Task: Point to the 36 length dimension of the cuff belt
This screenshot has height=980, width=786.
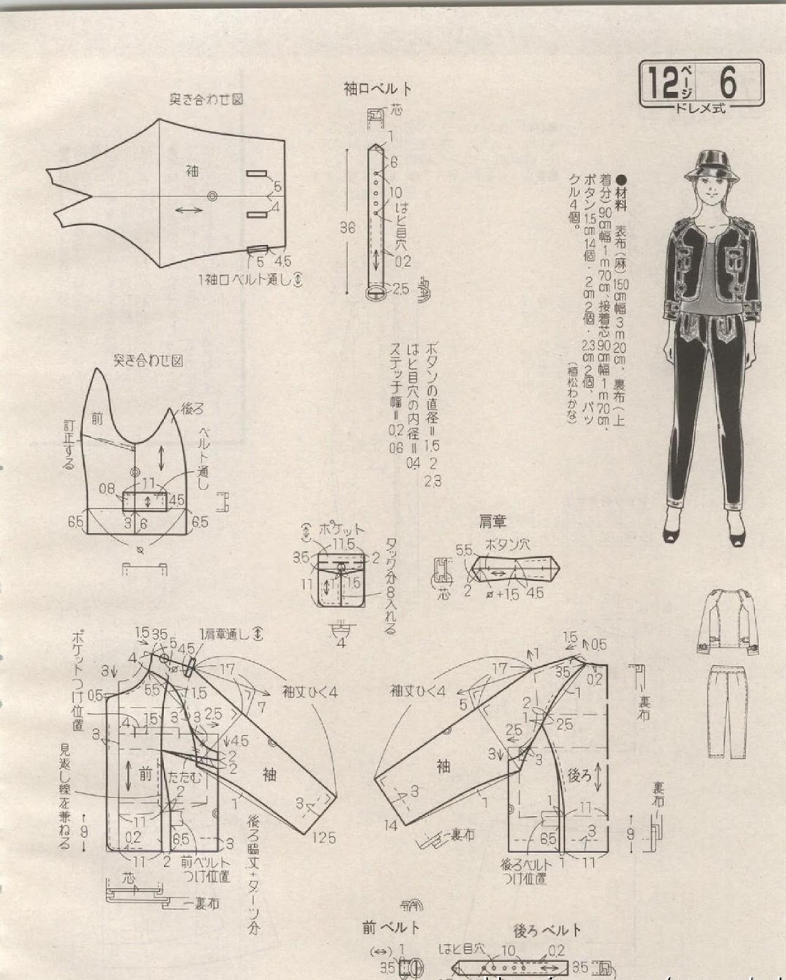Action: point(348,228)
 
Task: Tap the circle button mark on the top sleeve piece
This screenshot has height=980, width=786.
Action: point(213,195)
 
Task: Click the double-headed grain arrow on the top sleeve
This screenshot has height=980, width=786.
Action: point(189,210)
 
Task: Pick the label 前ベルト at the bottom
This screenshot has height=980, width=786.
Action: point(391,928)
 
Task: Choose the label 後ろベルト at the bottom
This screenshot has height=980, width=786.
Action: point(547,930)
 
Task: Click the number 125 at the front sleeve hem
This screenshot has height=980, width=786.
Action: point(323,837)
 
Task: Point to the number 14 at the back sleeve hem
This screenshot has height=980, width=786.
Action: point(391,826)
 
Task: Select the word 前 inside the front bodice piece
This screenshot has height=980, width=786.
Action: point(145,775)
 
